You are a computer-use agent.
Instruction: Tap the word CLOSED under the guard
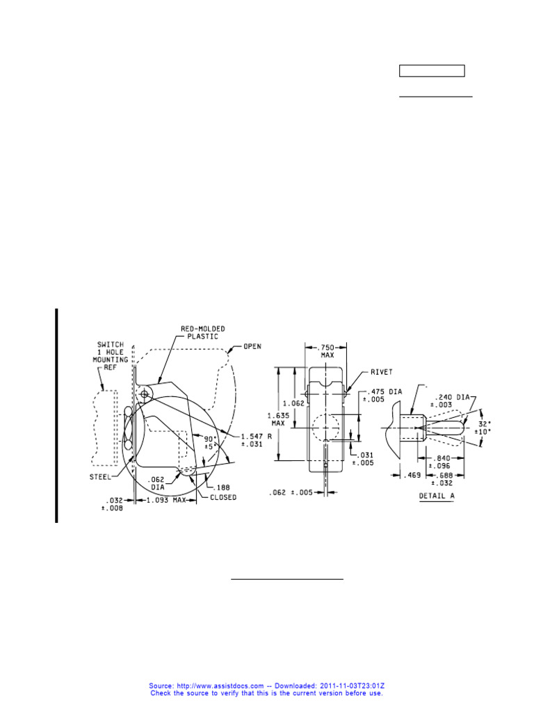click(224, 497)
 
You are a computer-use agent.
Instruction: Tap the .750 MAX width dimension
click(327, 351)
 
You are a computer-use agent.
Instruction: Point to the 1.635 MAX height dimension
click(277, 419)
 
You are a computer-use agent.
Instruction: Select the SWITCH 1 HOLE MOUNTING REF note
click(111, 358)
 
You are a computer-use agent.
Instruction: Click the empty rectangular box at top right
click(431, 70)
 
